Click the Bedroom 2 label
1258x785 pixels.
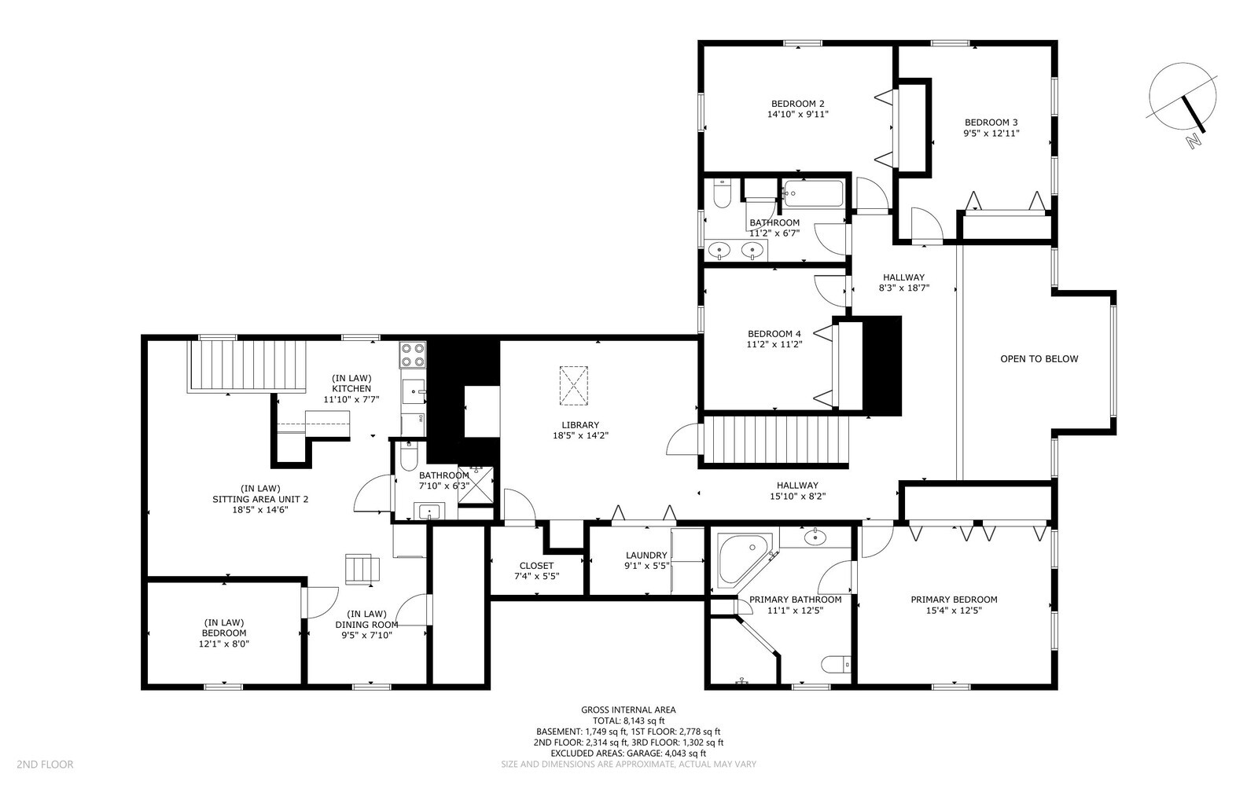click(797, 104)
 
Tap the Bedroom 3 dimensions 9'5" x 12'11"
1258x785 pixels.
click(991, 134)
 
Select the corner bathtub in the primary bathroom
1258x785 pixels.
click(744, 560)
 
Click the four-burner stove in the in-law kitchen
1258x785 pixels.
click(412, 354)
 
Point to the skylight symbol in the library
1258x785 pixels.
click(573, 386)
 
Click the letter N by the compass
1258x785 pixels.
click(1194, 141)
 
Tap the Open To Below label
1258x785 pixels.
click(1039, 359)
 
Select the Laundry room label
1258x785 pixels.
click(646, 556)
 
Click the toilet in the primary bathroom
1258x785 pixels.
click(836, 665)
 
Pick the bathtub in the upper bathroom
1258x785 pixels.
click(813, 193)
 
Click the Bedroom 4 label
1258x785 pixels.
click(774, 334)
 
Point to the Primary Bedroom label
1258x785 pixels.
click(954, 600)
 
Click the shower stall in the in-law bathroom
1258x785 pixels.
click(476, 485)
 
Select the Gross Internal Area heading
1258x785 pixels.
click(628, 710)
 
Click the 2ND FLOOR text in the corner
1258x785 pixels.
click(45, 765)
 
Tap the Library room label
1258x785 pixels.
click(580, 425)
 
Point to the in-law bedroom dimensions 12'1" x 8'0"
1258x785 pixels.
click(223, 644)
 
